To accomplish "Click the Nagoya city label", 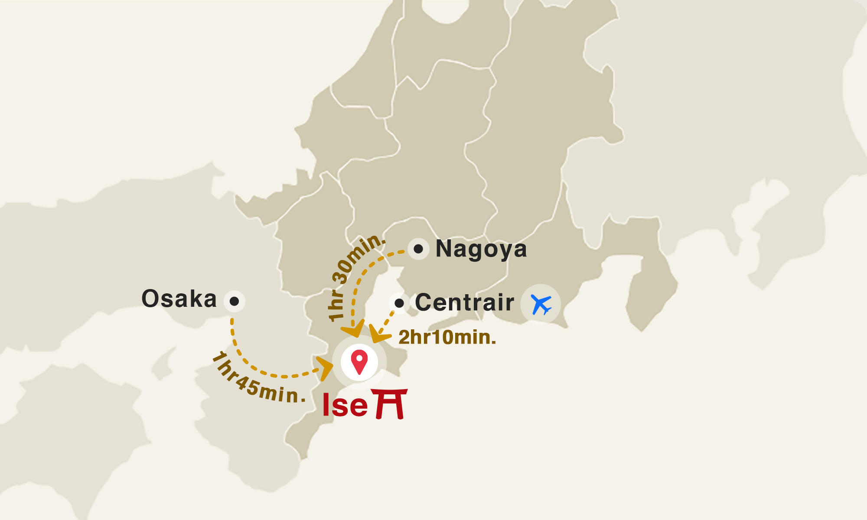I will (481, 249).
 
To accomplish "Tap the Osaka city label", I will (179, 299).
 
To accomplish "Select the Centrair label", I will (464, 302).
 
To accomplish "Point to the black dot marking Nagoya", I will (418, 249).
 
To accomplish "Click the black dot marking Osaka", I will (234, 301).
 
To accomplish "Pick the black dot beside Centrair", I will (399, 303).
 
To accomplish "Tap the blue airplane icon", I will (541, 304).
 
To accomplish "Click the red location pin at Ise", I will (359, 361).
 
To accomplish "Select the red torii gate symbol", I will (390, 403).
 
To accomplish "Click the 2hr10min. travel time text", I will (447, 338).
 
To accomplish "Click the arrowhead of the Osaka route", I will (325, 368).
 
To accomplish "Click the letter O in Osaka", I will (150, 299).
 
